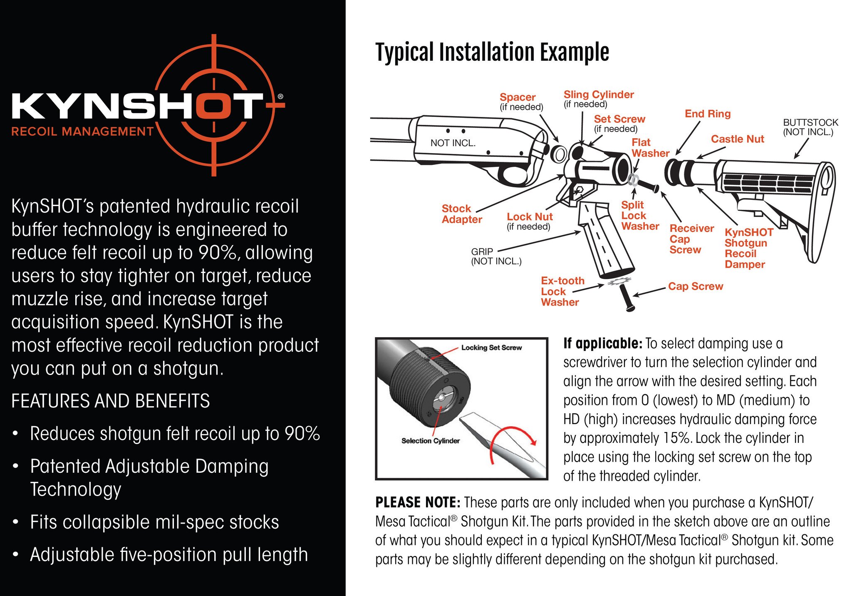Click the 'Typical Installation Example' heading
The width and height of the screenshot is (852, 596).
point(492,52)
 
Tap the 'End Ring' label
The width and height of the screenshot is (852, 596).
point(707,114)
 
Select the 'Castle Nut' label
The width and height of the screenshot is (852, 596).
point(737,139)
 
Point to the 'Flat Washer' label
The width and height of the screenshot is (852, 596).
point(650,148)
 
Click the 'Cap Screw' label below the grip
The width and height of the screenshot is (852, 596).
point(696,286)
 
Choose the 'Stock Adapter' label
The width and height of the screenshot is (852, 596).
point(461,214)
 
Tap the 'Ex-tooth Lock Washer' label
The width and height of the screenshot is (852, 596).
point(562,291)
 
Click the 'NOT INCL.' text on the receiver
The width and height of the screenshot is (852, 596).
point(453,143)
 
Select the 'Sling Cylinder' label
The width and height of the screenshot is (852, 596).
point(598,95)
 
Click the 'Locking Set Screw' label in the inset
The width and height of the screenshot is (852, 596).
point(491,348)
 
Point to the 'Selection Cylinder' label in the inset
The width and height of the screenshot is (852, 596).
point(430,441)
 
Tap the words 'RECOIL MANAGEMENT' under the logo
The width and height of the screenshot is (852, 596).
point(82,132)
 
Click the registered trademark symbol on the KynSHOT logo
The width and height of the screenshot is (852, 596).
point(280,97)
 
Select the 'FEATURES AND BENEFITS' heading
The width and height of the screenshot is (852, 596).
point(111,401)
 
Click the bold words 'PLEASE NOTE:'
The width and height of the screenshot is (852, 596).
point(417,502)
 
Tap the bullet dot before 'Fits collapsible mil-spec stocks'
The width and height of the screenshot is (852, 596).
point(15,522)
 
